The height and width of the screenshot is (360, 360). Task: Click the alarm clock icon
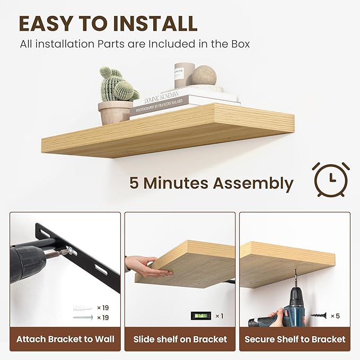tap(330, 179)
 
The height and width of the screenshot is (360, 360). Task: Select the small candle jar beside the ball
tap(184, 75)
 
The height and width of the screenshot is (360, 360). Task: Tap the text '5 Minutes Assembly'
tap(211, 183)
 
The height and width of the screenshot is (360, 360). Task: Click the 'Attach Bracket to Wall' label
tap(65, 339)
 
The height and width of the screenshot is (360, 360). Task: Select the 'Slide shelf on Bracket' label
tap(180, 339)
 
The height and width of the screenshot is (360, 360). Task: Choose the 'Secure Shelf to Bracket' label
tap(295, 339)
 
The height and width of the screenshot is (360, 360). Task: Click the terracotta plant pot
tap(115, 112)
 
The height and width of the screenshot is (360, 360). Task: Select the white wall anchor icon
tap(83, 308)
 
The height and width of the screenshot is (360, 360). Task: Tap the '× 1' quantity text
tap(219, 316)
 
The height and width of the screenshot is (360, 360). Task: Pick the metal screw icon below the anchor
tap(83, 318)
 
